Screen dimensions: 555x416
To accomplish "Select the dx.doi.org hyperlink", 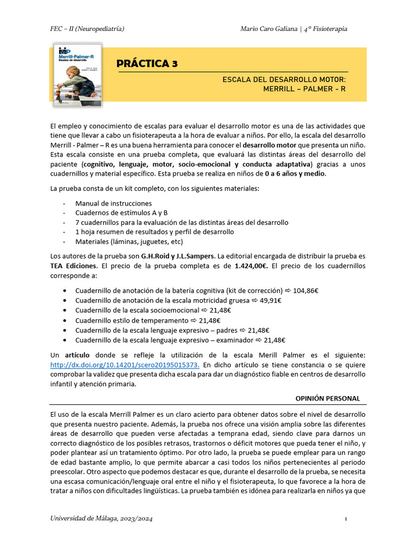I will click(x=125, y=365).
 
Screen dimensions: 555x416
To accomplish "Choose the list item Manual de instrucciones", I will click(x=113, y=203).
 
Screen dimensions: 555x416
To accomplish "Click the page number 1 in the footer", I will click(x=346, y=519).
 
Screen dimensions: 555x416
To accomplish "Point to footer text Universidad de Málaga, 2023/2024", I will click(x=101, y=519).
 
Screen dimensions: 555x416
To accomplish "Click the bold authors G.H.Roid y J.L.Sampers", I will click(x=178, y=256).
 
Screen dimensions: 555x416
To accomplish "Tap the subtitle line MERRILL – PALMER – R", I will click(x=304, y=89).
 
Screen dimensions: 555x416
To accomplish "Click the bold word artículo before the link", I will click(x=80, y=355).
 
